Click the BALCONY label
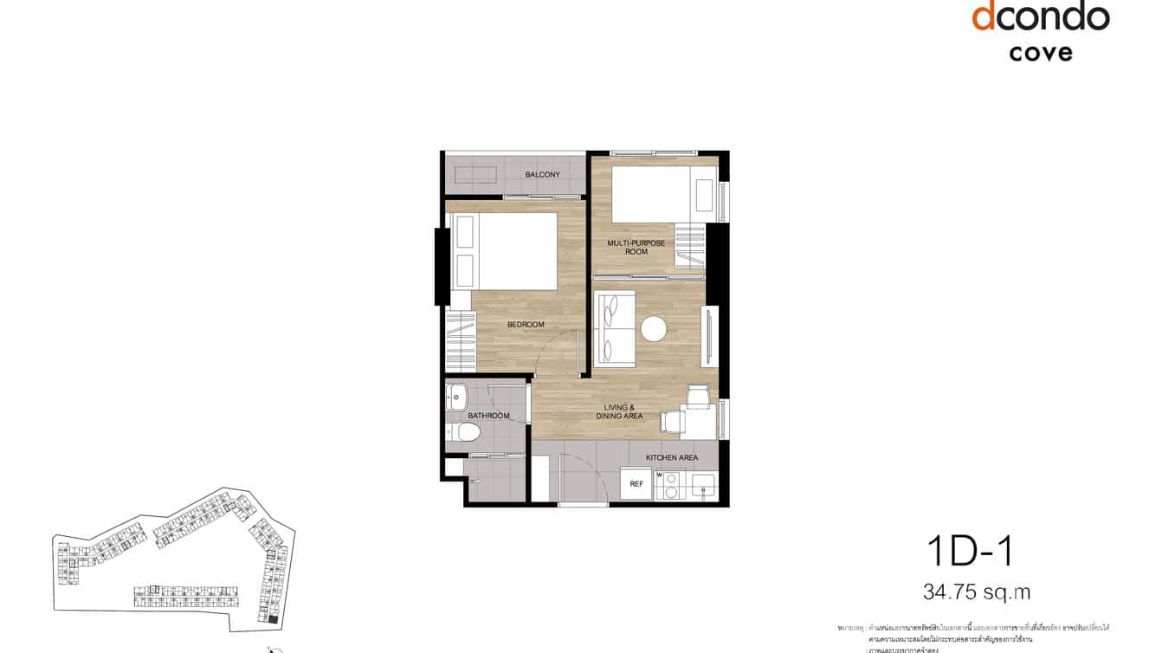pos(542,175)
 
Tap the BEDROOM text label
pos(526,325)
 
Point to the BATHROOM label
pos(488,416)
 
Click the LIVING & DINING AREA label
pos(619,411)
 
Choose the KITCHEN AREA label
pos(671,457)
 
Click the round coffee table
pos(653,328)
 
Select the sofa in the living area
pos(615,328)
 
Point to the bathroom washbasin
pos(456,399)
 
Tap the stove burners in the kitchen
pos(668,486)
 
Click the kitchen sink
pos(702,485)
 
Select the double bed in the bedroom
pos(505,251)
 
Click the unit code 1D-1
pos(969,552)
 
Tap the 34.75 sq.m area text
pos(977,593)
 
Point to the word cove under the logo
pos(1040,52)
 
